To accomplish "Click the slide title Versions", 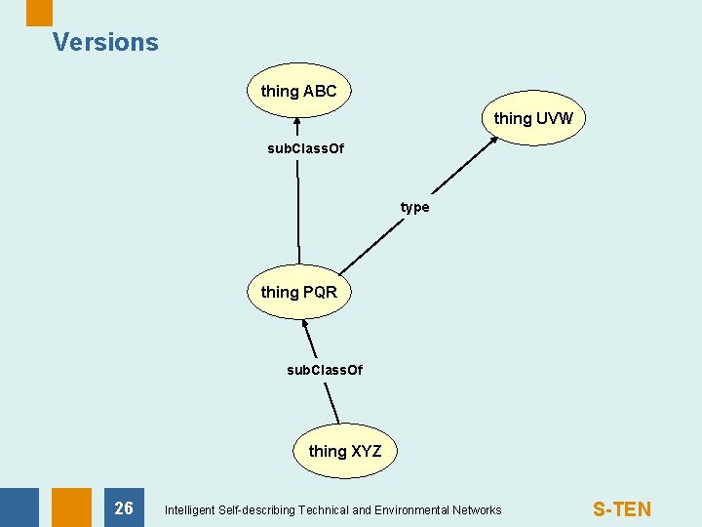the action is tap(105, 42).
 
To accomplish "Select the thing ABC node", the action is tap(298, 91).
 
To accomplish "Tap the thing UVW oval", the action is tap(533, 118).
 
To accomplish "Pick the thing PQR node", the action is tap(298, 292).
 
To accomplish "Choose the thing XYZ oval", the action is tap(345, 450).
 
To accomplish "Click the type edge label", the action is tap(414, 207).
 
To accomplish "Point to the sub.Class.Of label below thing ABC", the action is tap(305, 149).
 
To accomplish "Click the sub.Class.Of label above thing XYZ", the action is tap(324, 370).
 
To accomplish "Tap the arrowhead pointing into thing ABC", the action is tap(296, 124).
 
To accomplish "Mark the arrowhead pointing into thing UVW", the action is tap(492, 140).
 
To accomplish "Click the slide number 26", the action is tap(124, 507).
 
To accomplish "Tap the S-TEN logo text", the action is tap(622, 508).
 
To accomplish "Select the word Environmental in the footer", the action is tap(402, 509).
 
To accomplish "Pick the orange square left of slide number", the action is tap(71, 507).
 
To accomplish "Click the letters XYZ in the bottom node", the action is tap(366, 450).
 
